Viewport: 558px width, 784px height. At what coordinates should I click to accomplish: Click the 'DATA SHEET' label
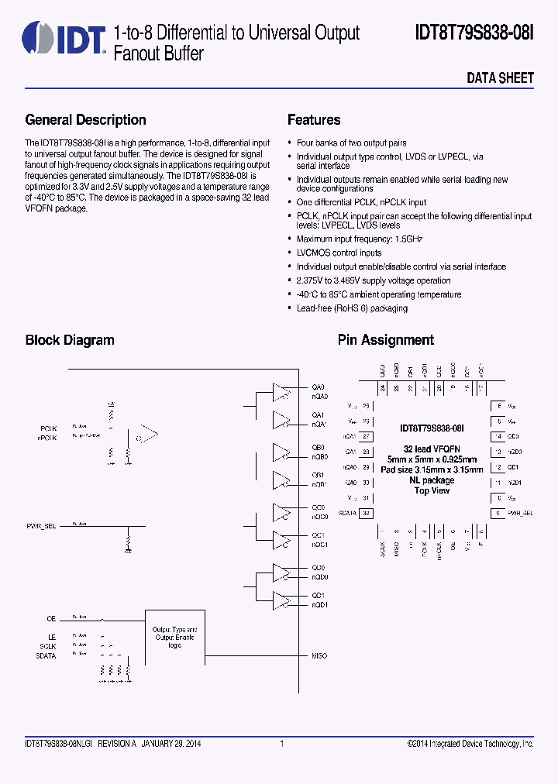pos(500,78)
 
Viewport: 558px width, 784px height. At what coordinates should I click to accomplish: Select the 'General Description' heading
pos(85,120)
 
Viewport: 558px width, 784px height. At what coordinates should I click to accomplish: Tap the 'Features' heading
pos(314,120)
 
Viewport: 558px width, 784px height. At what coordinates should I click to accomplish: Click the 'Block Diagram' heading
pos(70,340)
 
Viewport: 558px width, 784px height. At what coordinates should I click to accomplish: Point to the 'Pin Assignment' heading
pos(385,340)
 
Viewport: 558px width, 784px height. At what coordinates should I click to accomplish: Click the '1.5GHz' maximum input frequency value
pos(408,239)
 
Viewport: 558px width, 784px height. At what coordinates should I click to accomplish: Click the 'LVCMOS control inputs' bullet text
pos(339,253)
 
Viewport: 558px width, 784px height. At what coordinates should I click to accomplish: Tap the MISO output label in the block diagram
pos(319,656)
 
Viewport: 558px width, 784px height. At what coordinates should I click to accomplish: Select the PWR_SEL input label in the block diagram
pos(41,526)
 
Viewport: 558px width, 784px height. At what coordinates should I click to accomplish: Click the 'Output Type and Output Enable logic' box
pos(174,638)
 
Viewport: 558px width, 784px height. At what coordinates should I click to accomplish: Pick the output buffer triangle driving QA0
pos(280,391)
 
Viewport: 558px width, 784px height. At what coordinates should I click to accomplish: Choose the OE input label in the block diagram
pos(51,619)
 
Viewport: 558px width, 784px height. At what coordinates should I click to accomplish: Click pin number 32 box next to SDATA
pos(367,513)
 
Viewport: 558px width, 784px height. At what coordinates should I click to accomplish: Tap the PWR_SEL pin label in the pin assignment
pos(520,513)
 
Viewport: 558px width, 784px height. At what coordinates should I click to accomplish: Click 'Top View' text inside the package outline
pos(432,490)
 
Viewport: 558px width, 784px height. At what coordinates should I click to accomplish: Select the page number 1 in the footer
pos(281,744)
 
